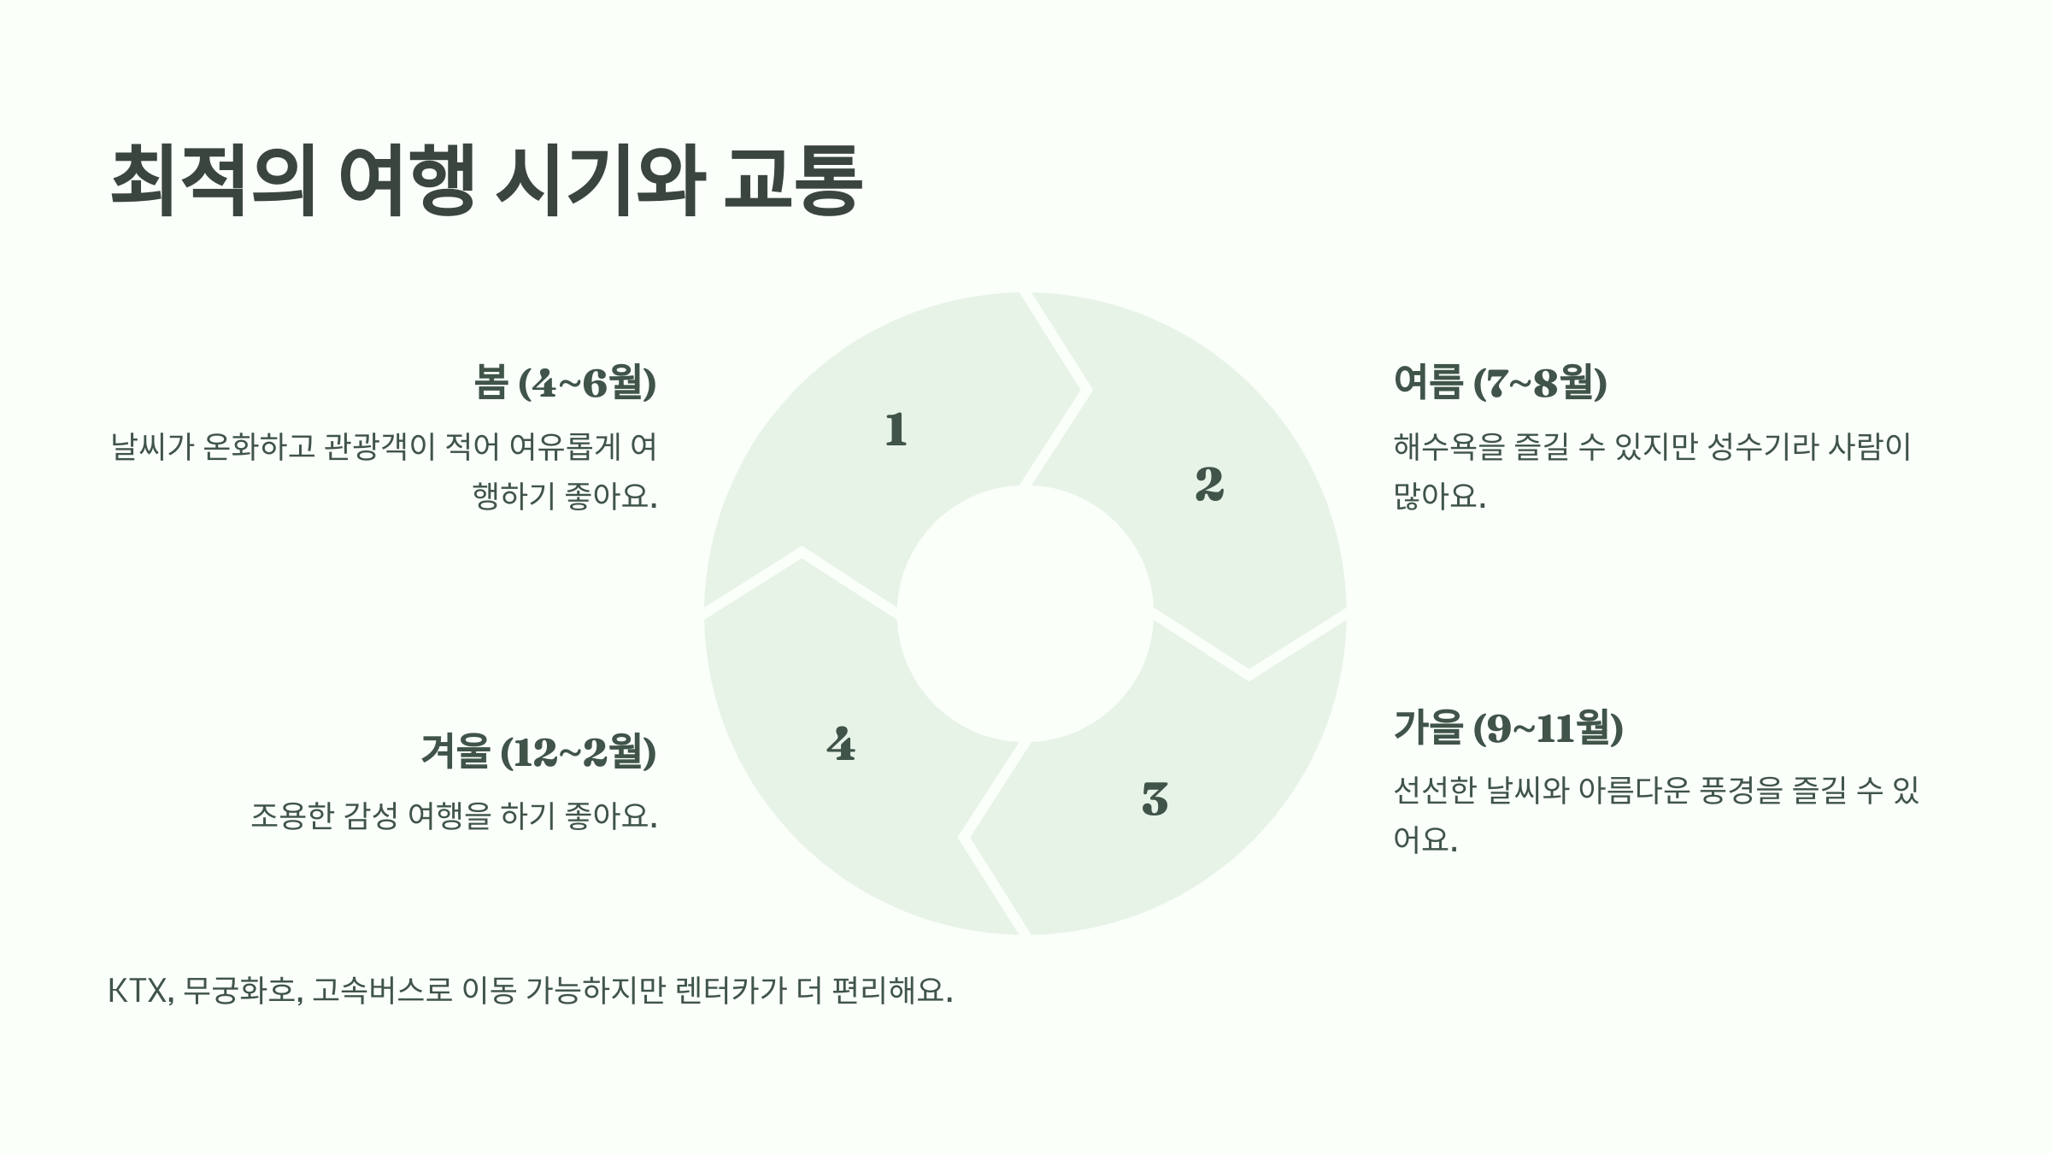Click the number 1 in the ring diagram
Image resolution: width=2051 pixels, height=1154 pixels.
[x=896, y=429]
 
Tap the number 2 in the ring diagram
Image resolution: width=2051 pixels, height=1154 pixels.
[x=1209, y=484]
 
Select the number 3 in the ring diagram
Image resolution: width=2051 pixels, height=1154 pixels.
[x=1155, y=799]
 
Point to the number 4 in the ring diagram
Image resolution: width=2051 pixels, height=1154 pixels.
[x=841, y=745]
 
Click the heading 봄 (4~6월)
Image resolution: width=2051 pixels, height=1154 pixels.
[x=565, y=383]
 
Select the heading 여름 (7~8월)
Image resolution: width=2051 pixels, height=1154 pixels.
[x=1500, y=383]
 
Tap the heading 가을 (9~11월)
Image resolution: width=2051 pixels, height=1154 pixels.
[x=1508, y=728]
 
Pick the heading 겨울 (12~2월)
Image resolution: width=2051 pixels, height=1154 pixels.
[x=538, y=752]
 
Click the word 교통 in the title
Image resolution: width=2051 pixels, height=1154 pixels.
[x=791, y=181]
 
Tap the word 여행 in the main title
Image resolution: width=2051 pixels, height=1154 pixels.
[x=406, y=181]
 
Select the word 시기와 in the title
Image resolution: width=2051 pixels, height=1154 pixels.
[x=601, y=181]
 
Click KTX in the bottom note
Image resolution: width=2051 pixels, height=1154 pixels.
[x=137, y=992]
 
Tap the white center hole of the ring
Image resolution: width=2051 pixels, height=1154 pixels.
[x=1025, y=614]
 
